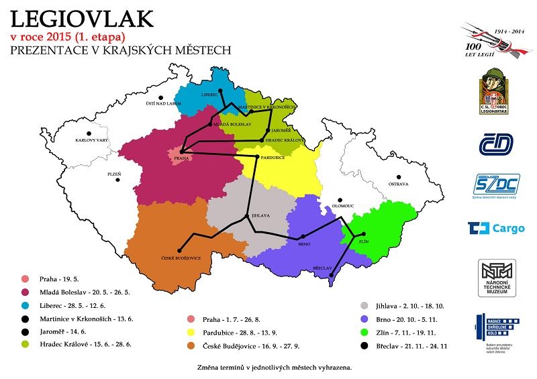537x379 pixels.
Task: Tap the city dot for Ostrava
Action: tap(397, 175)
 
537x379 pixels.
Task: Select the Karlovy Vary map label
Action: tap(91, 141)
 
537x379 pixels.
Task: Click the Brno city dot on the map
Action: tap(303, 236)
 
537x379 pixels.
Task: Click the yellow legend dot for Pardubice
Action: tap(192, 332)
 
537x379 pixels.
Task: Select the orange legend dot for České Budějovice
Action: tap(192, 345)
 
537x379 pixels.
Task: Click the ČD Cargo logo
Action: tap(496, 229)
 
